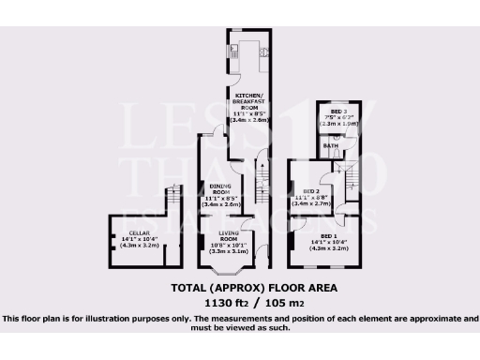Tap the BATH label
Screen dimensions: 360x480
click(331, 146)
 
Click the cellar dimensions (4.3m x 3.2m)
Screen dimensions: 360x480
click(138, 250)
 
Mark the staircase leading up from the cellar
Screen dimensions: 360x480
click(172, 202)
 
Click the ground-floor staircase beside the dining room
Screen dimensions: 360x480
click(262, 174)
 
